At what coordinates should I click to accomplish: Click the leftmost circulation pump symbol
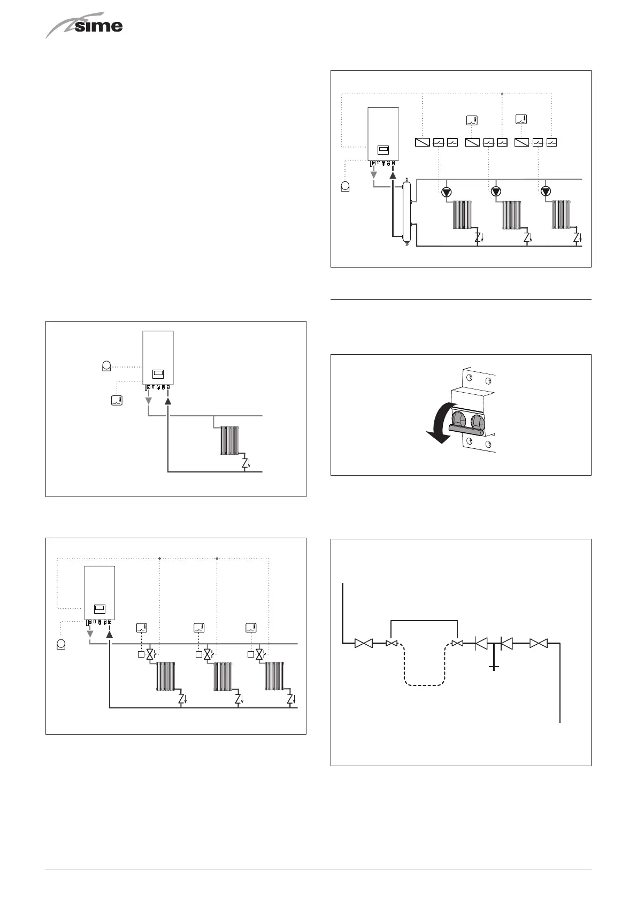click(446, 192)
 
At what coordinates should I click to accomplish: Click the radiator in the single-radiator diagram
click(229, 440)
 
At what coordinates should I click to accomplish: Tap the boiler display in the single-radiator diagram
click(158, 374)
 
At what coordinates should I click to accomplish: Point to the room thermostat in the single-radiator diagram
click(117, 400)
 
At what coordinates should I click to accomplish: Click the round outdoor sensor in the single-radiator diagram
click(106, 366)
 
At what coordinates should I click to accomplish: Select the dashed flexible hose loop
click(424, 669)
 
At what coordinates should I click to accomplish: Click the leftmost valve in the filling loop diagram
click(364, 644)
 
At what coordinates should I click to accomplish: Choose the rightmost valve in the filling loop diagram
click(538, 644)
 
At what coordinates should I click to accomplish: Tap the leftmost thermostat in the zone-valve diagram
click(141, 628)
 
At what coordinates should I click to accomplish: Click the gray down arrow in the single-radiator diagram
click(149, 402)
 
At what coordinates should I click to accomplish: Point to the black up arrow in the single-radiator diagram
click(168, 401)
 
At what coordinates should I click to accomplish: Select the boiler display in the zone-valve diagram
click(99, 608)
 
